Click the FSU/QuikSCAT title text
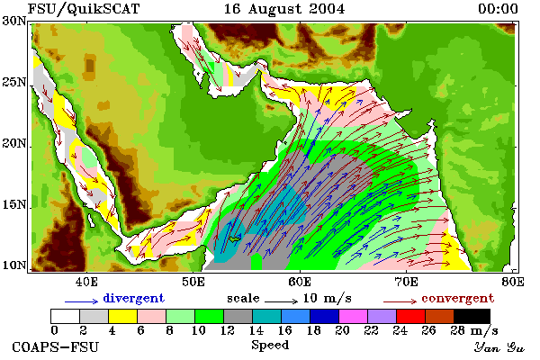[84, 9]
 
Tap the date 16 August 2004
[284, 9]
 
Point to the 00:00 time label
[498, 9]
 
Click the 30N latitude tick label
[14, 21]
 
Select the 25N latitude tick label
[14, 82]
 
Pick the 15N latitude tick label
[14, 204]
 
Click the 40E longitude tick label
[86, 282]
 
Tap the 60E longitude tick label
[300, 282]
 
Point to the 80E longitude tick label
[513, 282]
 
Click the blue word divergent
[133, 298]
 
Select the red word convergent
[458, 298]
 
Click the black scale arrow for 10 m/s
[281, 301]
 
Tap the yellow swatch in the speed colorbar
[123, 316]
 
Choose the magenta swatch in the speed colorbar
[353, 316]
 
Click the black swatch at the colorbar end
[472, 316]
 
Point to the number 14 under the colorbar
[256, 330]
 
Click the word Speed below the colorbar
[270, 345]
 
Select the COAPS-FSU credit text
[55, 346]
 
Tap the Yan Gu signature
[499, 347]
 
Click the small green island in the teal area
[236, 238]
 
